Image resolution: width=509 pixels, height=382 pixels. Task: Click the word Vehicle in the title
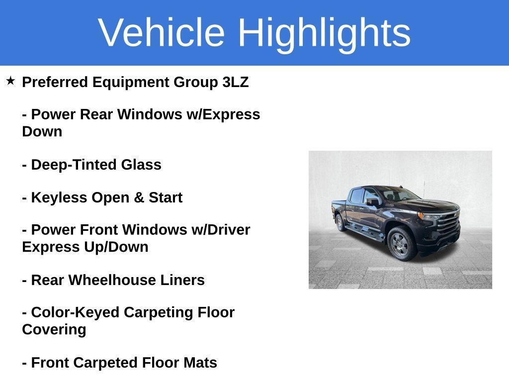click(162, 32)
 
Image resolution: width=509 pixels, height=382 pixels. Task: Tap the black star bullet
click(10, 81)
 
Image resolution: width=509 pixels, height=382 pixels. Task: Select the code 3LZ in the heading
click(235, 82)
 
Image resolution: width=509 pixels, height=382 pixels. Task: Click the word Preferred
click(55, 82)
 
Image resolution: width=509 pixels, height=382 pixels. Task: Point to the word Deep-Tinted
click(74, 165)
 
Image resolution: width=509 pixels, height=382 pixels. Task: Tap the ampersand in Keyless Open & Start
click(139, 197)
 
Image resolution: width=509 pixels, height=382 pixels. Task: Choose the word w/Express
click(223, 115)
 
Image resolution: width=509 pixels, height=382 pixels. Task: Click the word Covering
click(54, 330)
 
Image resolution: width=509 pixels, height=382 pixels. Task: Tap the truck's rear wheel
click(340, 222)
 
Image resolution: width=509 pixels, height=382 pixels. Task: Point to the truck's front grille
click(448, 224)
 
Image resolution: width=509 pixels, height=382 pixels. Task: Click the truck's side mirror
click(373, 202)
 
